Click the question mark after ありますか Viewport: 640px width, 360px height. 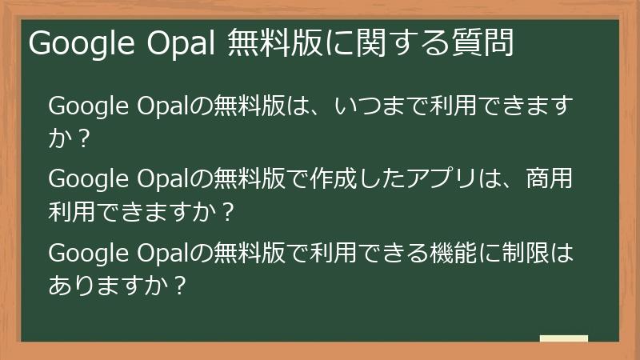point(181,286)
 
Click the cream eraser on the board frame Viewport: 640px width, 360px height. point(563,338)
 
